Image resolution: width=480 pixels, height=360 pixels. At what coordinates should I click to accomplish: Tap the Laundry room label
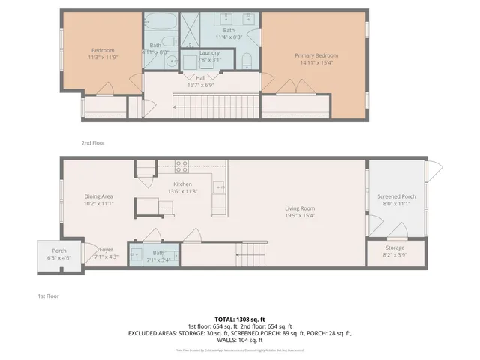pos(208,52)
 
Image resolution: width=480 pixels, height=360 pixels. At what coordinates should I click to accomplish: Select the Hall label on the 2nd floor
pos(201,77)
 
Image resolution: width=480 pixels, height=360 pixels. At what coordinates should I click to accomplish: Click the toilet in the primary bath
pos(247,61)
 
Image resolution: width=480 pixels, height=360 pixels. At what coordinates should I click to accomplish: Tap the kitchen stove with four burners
pos(181,166)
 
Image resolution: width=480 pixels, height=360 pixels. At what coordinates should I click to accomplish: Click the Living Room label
pos(299,208)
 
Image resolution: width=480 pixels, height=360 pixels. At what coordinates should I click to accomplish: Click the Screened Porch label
pos(396,196)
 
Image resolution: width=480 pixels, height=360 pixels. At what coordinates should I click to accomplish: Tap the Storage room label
pos(394,247)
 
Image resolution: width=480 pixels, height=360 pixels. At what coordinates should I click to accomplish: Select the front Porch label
pos(58,250)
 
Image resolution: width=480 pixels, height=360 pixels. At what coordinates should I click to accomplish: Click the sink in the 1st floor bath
pos(136,255)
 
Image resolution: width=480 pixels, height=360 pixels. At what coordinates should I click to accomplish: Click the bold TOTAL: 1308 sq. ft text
pos(240,319)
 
